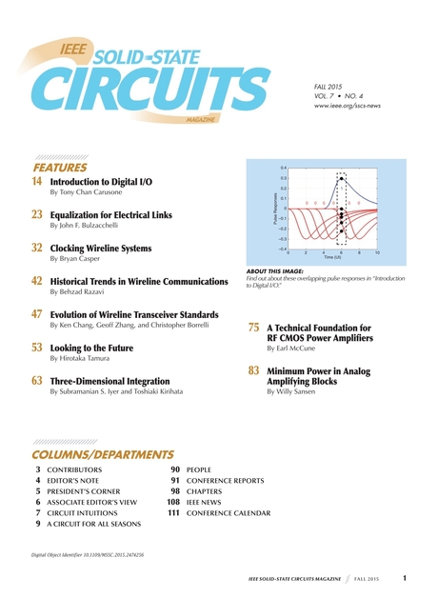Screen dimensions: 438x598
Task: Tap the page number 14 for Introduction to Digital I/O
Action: click(37, 181)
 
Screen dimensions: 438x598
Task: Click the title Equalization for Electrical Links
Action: click(110, 215)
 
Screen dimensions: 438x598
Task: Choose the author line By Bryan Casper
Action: click(77, 259)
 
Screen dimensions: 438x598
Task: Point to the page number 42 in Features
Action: click(37, 282)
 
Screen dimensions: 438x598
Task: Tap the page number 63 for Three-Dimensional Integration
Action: click(37, 381)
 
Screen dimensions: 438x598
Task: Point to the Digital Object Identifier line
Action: click(93, 554)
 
